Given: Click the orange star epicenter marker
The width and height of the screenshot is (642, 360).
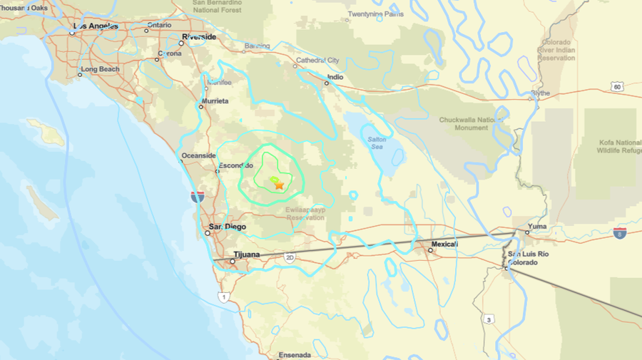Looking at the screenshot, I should (279, 185).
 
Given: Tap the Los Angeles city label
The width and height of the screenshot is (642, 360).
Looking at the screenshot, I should (94, 26).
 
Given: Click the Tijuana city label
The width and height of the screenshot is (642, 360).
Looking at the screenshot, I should (247, 254).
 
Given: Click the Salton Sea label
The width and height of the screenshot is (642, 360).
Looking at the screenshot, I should (377, 143).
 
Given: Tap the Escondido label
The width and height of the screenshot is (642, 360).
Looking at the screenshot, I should (235, 165).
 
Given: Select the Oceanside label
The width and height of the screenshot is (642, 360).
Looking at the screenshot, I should (198, 155).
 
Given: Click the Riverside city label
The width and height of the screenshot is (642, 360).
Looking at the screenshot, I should (199, 36).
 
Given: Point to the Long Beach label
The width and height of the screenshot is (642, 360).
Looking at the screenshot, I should (100, 70).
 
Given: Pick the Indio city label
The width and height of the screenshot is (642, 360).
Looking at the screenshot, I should (335, 77).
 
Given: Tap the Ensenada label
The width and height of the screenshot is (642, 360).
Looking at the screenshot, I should (295, 354).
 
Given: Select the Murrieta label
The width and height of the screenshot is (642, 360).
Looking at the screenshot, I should (214, 101).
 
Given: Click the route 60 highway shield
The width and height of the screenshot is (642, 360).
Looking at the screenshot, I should (616, 86).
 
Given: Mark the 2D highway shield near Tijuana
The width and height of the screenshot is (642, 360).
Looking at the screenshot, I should (289, 257).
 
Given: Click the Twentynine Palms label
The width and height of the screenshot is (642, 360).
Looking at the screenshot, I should (374, 14).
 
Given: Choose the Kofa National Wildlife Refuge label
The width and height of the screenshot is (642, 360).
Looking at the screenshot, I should (619, 146).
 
